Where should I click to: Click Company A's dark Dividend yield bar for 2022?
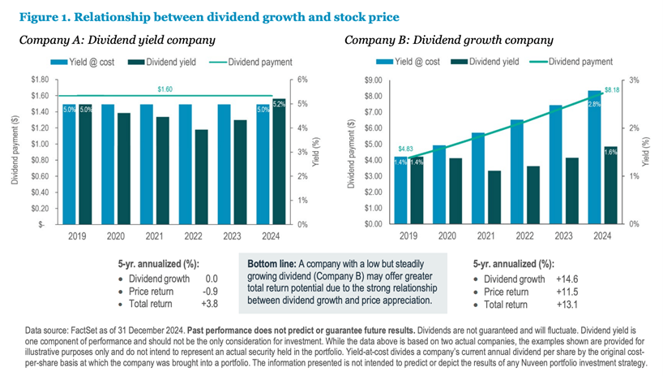click(201, 177)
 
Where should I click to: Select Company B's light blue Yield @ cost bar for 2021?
click(478, 179)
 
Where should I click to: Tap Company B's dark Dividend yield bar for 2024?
click(610, 185)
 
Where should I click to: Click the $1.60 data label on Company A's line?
click(165, 89)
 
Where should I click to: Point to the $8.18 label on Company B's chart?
click(612, 90)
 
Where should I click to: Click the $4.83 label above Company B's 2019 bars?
click(405, 149)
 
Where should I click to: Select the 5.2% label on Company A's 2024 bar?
click(279, 104)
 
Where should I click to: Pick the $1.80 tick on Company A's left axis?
click(40, 80)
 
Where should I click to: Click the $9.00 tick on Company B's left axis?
click(373, 80)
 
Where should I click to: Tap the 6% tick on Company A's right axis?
click(302, 80)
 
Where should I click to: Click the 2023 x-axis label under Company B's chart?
click(563, 236)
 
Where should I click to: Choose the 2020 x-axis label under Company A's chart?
click(115, 236)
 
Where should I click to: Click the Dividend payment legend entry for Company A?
click(250, 62)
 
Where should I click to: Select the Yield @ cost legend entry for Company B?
click(408, 62)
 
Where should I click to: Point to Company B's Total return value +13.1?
click(567, 305)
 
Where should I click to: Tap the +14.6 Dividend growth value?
click(567, 279)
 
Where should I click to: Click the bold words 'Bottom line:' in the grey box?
click(272, 264)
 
